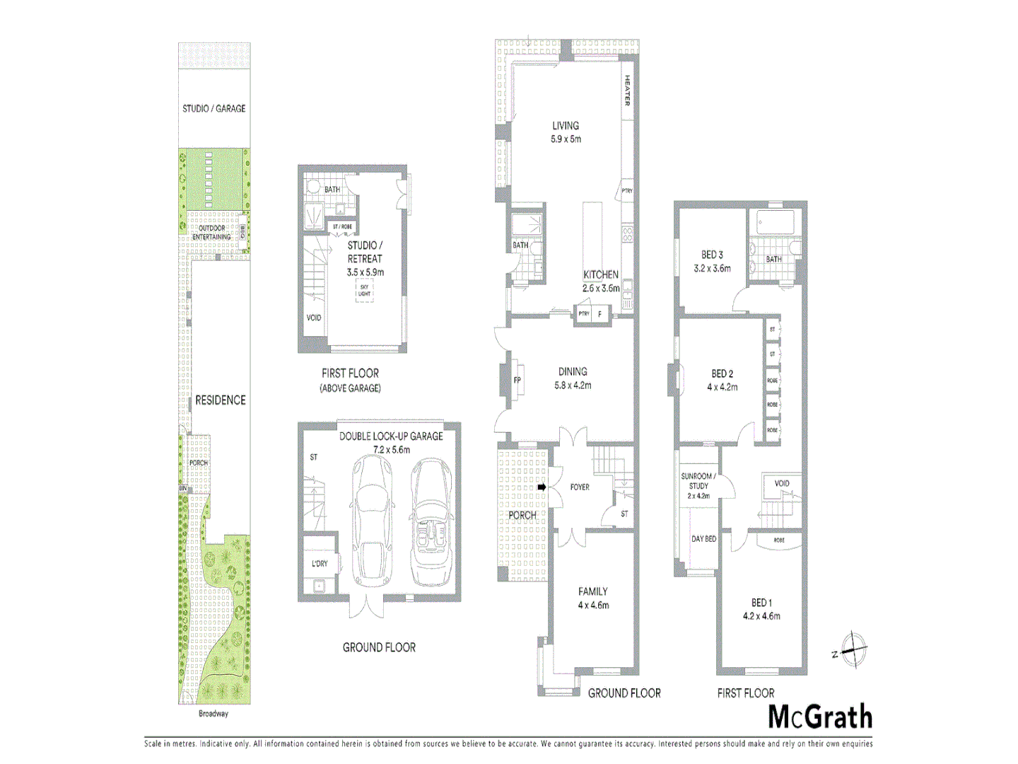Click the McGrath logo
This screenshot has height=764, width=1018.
coord(820,717)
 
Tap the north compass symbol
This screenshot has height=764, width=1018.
coord(854,649)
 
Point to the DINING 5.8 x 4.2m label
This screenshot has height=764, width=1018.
coord(573,378)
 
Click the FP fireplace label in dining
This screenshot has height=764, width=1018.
coord(517,381)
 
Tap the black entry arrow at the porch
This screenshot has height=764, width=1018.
coord(542,487)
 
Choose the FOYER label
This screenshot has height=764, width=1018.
coord(580,487)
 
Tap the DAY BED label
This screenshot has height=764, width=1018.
coord(703,539)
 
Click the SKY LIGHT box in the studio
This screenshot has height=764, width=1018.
coord(364,290)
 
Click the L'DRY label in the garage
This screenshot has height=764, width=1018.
coord(320,564)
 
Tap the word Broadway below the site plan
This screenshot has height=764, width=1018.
coord(213,714)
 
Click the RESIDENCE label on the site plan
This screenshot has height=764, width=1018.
coord(221,400)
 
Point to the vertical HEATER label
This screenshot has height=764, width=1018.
coord(627,91)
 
